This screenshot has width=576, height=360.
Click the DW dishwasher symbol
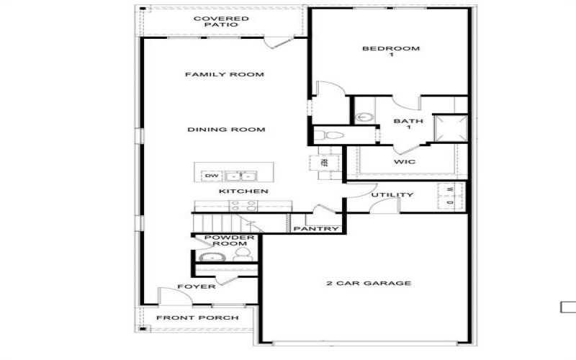pos(211,176)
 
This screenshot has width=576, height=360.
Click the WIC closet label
pos(404,162)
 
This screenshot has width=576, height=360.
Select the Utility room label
pos(392,195)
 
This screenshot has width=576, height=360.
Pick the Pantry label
pos(316,229)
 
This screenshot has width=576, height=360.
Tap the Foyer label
pos(201,287)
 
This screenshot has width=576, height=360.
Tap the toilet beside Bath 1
pos(330,135)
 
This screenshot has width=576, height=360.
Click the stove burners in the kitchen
pos(244,205)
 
